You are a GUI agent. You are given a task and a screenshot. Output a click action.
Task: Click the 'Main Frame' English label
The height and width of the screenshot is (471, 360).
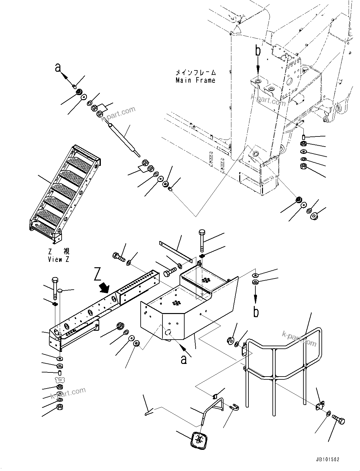coord(195,80)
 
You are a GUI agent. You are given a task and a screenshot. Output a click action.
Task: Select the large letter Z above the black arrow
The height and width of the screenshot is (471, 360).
coord(98,274)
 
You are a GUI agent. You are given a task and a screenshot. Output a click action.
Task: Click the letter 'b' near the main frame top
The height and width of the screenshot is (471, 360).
coord(258,51)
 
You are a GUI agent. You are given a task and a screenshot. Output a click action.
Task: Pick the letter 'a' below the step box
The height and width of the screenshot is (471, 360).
coord(184,359)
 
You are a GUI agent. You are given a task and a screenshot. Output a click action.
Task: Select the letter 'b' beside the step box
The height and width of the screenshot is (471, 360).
coord(256,311)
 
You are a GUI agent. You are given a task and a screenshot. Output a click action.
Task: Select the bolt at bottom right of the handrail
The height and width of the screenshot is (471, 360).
coord(339,420)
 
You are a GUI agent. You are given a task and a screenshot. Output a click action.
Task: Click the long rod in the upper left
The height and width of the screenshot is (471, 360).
coord(124,140)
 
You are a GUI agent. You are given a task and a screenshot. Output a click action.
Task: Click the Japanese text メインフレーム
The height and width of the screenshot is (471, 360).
coord(196,73)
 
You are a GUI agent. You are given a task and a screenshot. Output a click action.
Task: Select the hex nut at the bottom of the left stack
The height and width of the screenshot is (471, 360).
coord(59,407)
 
